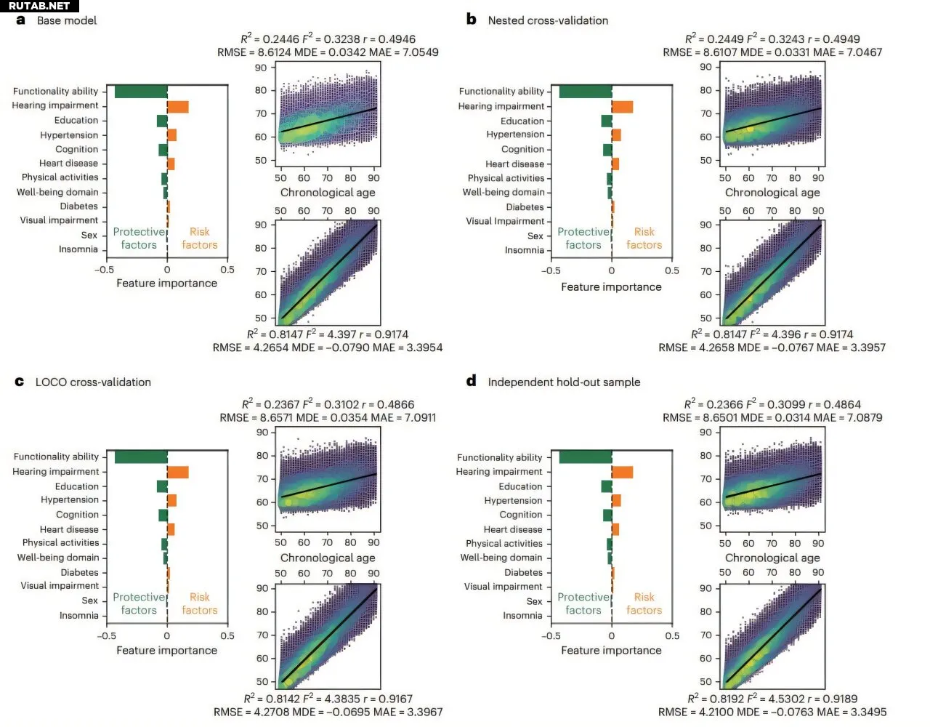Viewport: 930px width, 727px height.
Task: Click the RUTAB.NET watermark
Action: tap(39, 6)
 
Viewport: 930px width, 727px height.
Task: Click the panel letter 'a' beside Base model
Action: tap(20, 20)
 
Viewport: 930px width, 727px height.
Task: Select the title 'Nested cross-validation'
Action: tap(548, 20)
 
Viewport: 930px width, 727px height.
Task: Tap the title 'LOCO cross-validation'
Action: tap(93, 382)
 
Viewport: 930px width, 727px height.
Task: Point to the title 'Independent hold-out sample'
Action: tap(564, 382)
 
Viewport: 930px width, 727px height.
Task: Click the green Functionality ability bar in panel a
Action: tap(141, 92)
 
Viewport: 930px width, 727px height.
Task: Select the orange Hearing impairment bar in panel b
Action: tap(622, 107)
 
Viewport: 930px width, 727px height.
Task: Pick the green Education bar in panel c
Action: tap(162, 486)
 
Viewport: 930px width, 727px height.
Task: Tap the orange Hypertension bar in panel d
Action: tap(616, 500)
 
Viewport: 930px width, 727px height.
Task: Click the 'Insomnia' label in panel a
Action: tap(78, 249)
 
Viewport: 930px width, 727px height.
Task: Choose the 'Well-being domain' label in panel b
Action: tap(504, 193)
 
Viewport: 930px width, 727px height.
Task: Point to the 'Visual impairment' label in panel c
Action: tap(60, 586)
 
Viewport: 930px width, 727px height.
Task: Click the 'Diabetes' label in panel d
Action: tap(523, 573)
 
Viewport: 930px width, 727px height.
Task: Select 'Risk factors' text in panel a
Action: tap(200, 238)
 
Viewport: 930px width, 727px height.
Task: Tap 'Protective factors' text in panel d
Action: tap(583, 603)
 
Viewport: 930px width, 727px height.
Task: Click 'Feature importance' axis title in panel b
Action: tap(611, 287)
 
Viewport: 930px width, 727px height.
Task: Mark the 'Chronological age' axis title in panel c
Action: tap(328, 558)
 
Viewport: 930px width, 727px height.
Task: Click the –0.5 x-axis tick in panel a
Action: tap(104, 270)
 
